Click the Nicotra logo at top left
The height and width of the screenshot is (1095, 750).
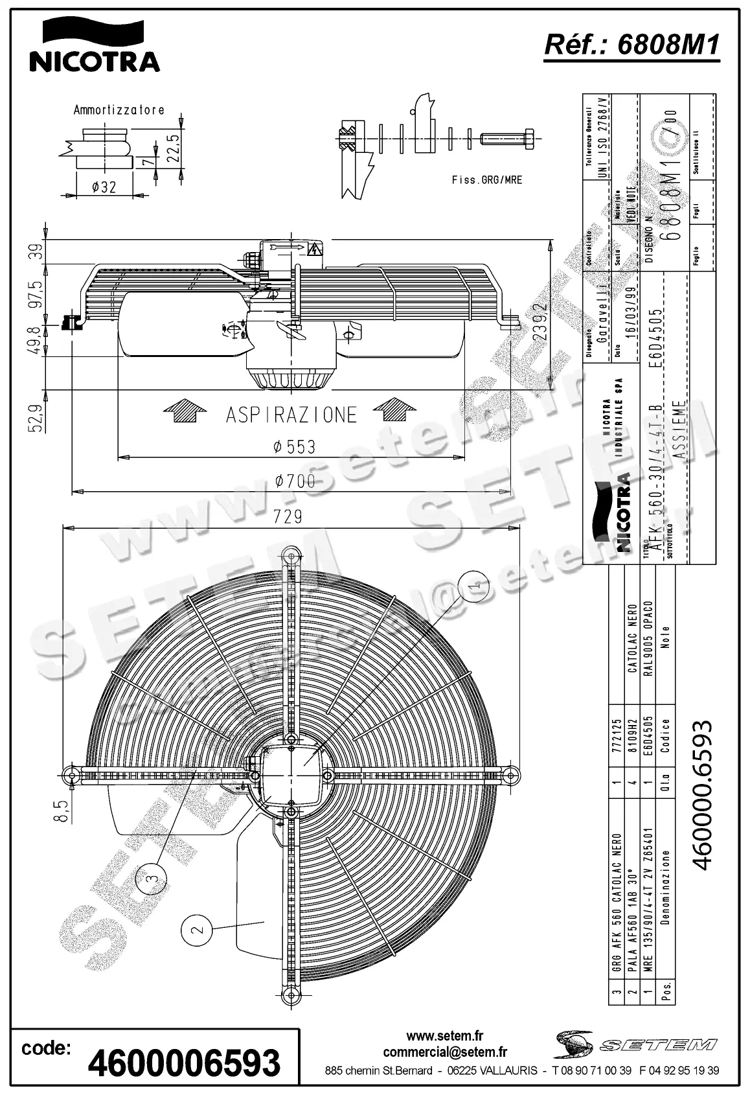[x=94, y=45]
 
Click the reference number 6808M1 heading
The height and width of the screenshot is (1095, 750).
[x=631, y=45]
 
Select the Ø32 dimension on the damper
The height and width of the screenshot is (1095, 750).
[x=104, y=187]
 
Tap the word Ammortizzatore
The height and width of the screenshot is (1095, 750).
[x=119, y=110]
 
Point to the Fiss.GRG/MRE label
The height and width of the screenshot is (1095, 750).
[x=486, y=179]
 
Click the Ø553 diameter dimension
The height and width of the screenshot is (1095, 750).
[x=294, y=446]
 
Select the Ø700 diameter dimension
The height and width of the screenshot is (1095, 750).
[x=295, y=481]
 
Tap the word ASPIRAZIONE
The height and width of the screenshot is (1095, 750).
[x=291, y=415]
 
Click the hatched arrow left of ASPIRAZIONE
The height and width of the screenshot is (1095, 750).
[x=184, y=411]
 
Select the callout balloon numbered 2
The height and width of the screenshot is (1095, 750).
[x=198, y=929]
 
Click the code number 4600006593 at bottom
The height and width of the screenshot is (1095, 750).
[x=184, y=1063]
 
